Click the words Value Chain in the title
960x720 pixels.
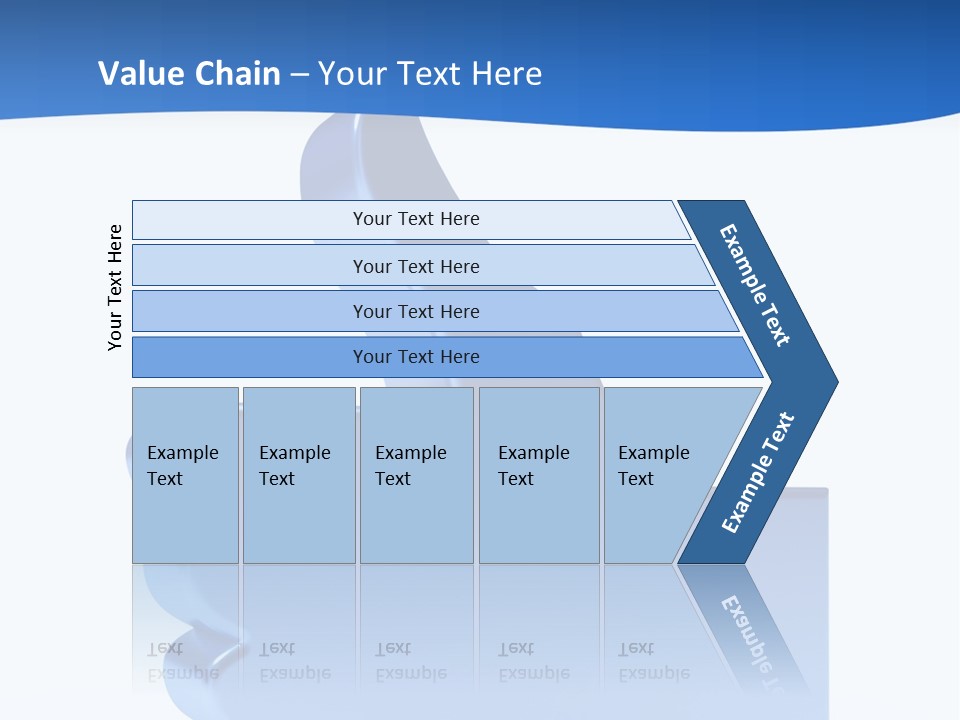click(189, 74)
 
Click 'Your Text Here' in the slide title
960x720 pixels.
click(430, 74)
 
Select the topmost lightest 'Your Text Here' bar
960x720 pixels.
click(415, 219)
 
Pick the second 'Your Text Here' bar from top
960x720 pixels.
click(415, 266)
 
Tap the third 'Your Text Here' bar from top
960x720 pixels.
click(415, 311)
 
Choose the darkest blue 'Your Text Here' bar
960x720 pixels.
click(415, 357)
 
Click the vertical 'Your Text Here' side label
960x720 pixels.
click(116, 287)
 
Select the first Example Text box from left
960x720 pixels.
click(185, 475)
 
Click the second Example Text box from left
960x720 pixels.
click(298, 475)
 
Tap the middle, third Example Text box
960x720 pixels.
click(416, 475)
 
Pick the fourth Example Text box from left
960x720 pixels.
click(539, 475)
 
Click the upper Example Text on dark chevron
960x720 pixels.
click(755, 285)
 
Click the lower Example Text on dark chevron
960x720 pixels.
click(758, 473)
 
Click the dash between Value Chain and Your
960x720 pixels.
click(299, 75)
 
